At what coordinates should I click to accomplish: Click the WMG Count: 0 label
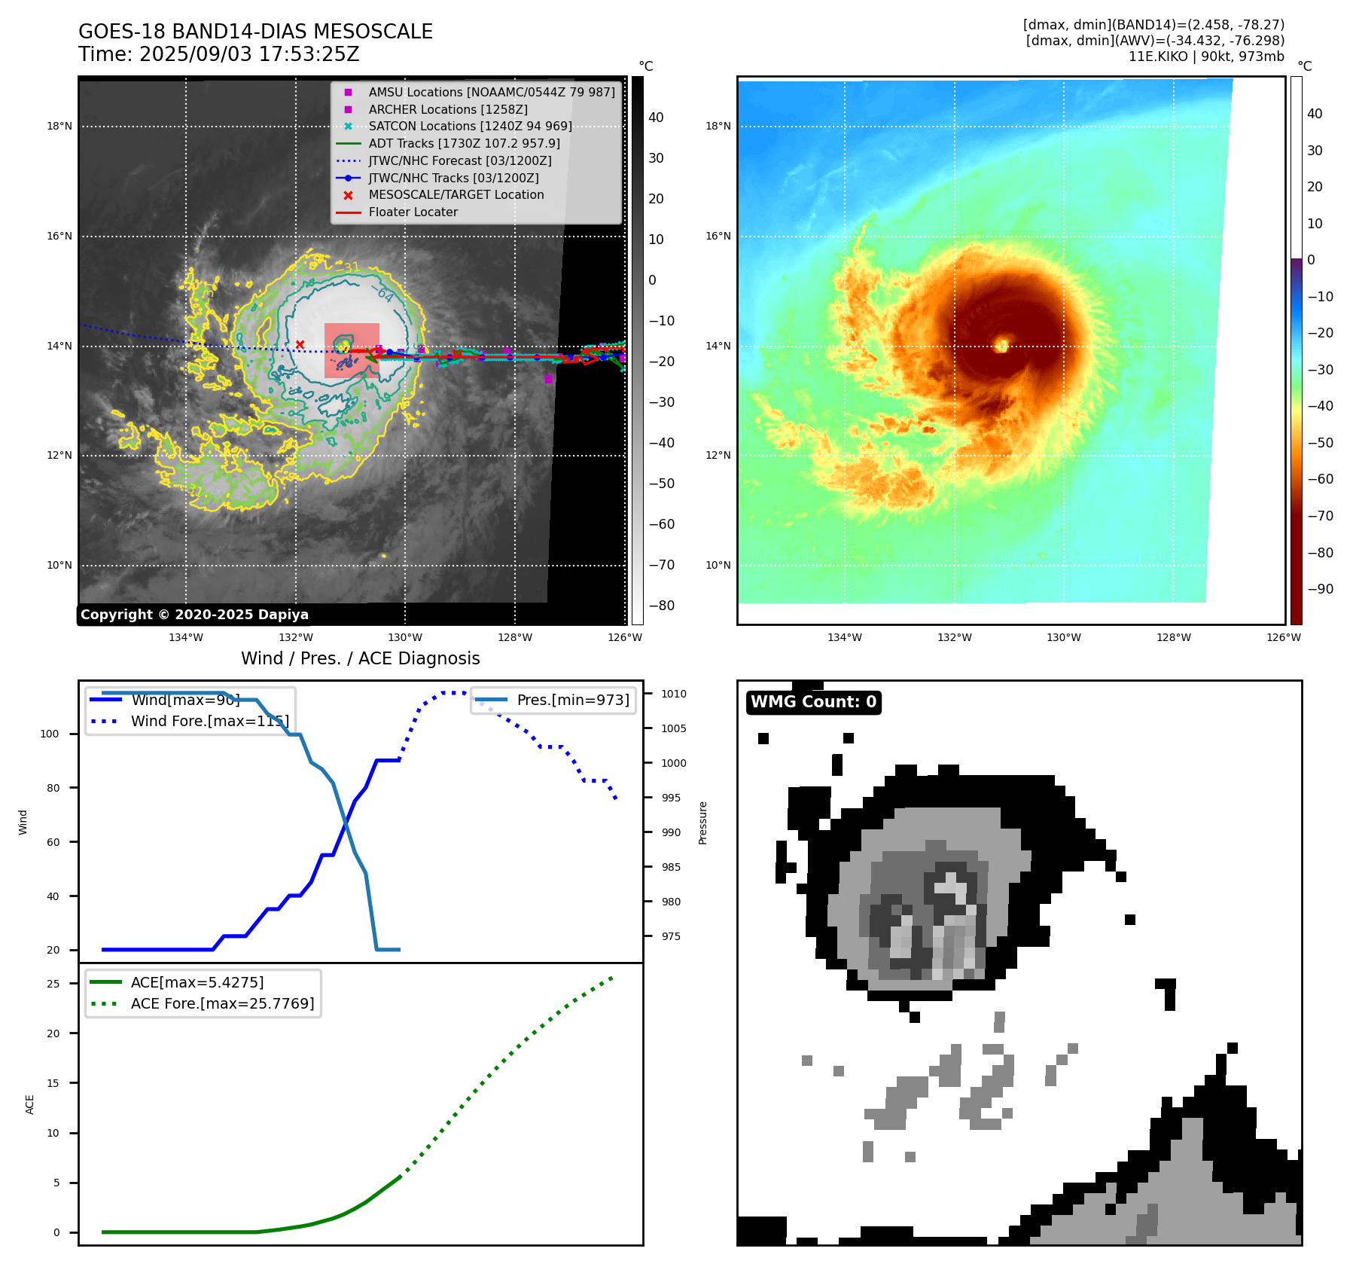pyautogui.click(x=813, y=702)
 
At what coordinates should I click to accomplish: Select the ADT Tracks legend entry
pyautogui.click(x=464, y=143)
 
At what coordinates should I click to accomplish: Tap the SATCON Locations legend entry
pyautogui.click(x=470, y=126)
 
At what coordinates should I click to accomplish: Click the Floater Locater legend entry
pyautogui.click(x=413, y=212)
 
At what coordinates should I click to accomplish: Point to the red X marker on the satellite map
pyautogui.click(x=300, y=344)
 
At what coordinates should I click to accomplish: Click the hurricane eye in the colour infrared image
pyautogui.click(x=1001, y=345)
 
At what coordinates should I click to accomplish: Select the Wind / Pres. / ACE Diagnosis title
pyautogui.click(x=360, y=658)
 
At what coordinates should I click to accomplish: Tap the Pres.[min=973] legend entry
pyautogui.click(x=572, y=700)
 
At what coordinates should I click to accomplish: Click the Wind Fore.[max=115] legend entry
pyautogui.click(x=209, y=721)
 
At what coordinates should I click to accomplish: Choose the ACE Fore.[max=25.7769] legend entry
pyautogui.click(x=222, y=1003)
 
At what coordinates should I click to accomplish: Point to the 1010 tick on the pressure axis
pyautogui.click(x=674, y=694)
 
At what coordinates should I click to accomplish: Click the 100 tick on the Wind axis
pyautogui.click(x=50, y=734)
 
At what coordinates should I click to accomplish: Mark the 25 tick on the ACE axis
pyautogui.click(x=53, y=984)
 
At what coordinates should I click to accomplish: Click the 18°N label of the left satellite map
pyautogui.click(x=59, y=126)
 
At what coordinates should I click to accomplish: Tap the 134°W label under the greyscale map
pyautogui.click(x=185, y=637)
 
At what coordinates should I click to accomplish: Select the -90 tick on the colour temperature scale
pyautogui.click(x=1320, y=589)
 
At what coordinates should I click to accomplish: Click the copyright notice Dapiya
pyautogui.click(x=194, y=615)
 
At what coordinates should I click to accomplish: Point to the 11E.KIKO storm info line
pyautogui.click(x=1206, y=56)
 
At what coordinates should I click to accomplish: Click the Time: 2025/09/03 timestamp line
pyautogui.click(x=218, y=54)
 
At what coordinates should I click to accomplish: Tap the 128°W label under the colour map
pyautogui.click(x=1174, y=637)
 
